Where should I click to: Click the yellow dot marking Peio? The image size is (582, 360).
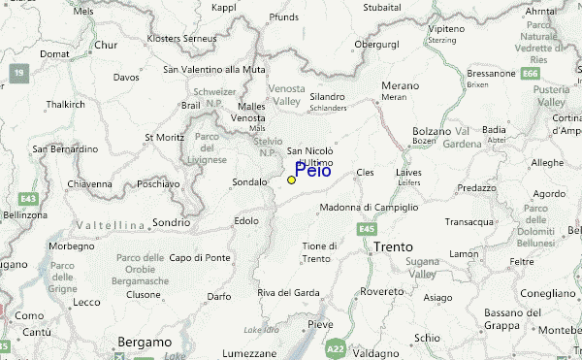tap(291, 180)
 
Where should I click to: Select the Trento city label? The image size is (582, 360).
tap(393, 247)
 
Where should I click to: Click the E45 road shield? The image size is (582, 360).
tap(366, 228)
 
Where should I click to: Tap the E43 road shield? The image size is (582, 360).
tap(29, 198)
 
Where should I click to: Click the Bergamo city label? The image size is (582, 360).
tap(144, 342)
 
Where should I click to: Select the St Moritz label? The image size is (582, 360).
tap(163, 138)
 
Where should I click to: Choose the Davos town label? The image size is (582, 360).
tap(126, 77)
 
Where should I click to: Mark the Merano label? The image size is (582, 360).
tap(399, 85)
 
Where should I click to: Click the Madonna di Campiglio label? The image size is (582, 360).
tap(370, 208)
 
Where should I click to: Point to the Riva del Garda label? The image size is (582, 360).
tap(288, 293)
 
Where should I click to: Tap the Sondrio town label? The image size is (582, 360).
tap(171, 222)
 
